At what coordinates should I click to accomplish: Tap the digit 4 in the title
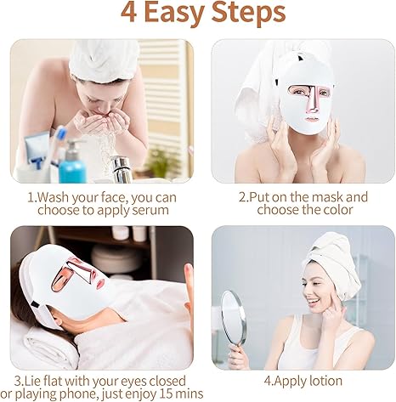point(127,13)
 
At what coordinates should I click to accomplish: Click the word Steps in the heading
point(247,14)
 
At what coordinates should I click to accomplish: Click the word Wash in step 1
point(58,197)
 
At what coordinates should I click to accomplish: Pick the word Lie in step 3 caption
point(31,381)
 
